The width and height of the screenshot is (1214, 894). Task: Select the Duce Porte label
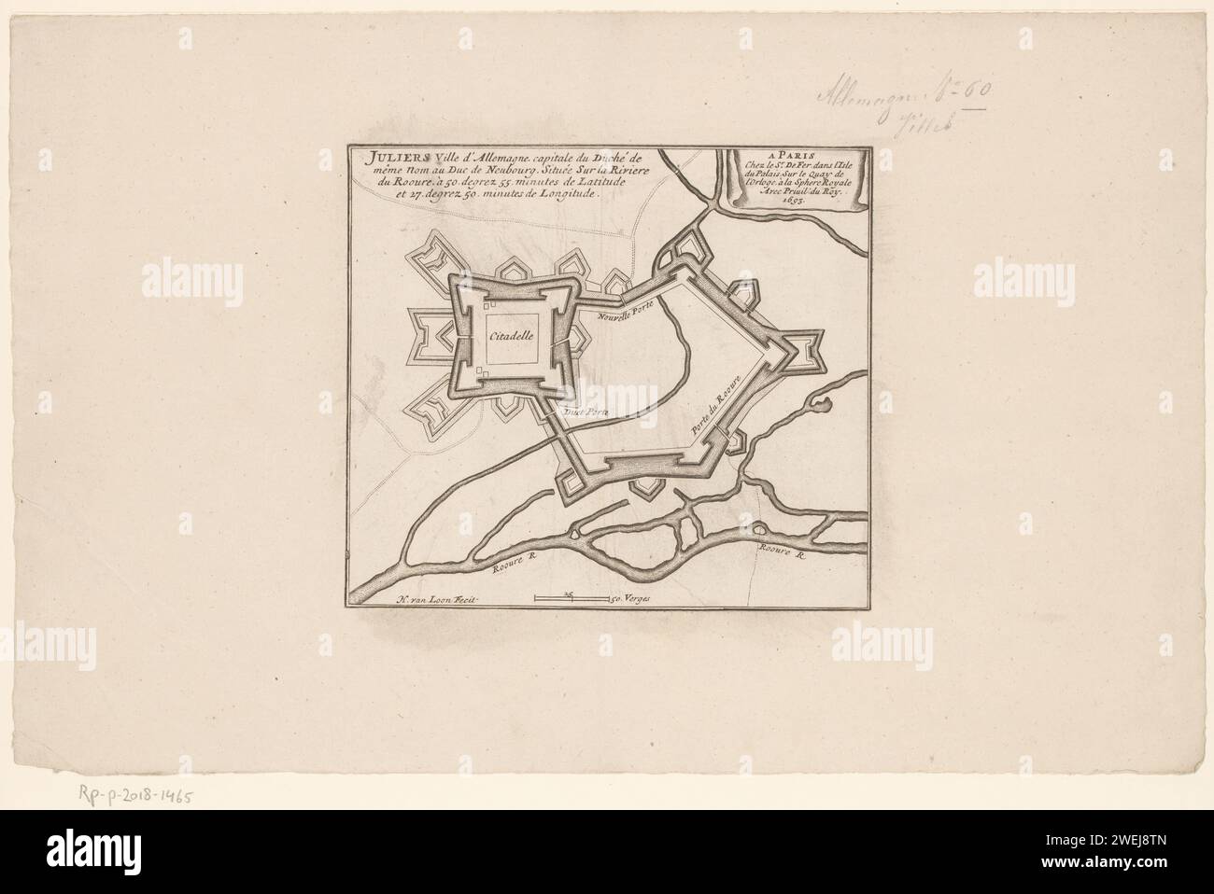(584, 410)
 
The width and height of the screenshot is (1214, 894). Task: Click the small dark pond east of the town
(821, 405)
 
